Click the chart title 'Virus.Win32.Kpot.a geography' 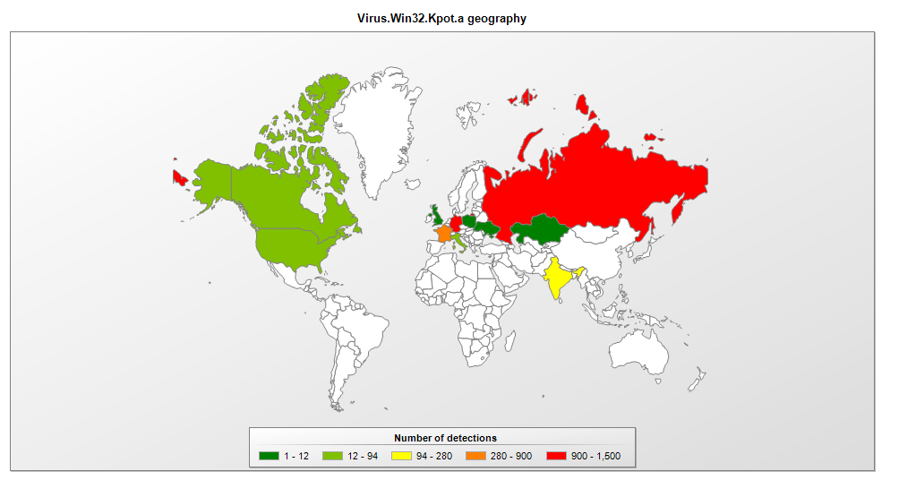(x=441, y=18)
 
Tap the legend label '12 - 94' (x=364, y=457)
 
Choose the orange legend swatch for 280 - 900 (x=475, y=457)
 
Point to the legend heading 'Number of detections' (x=445, y=439)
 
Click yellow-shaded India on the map (x=558, y=279)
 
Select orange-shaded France (x=443, y=234)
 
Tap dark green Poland (x=469, y=221)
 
